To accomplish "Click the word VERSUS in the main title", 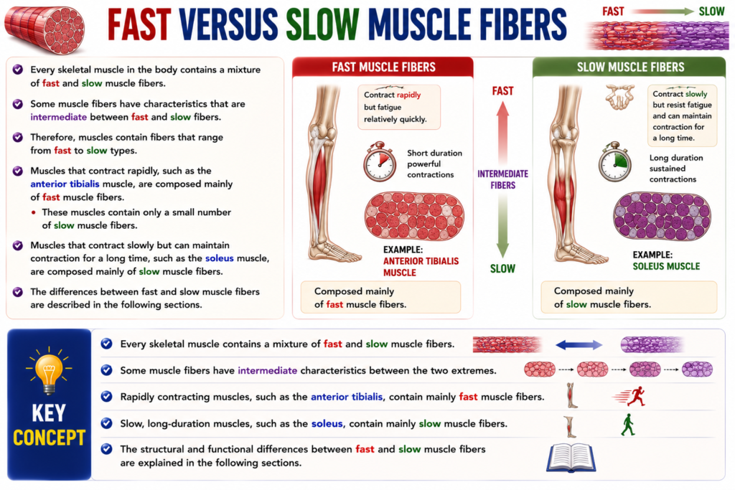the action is pyautogui.click(x=228, y=24).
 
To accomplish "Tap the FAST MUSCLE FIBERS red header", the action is pyautogui.click(x=383, y=67).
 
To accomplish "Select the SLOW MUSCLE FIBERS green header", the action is pyautogui.click(x=629, y=67).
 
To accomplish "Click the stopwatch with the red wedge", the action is pyautogui.click(x=380, y=161).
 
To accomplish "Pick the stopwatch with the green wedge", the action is pyautogui.click(x=615, y=161).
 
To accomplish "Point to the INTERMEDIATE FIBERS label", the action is pyautogui.click(x=502, y=179).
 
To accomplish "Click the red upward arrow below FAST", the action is pyautogui.click(x=502, y=132).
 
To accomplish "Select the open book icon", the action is pyautogui.click(x=571, y=458).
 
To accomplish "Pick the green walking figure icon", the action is pyautogui.click(x=627, y=425).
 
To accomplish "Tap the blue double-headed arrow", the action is pyautogui.click(x=579, y=345).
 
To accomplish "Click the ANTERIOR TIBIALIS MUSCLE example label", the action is pyautogui.click(x=421, y=267).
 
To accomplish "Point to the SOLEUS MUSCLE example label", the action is pyautogui.click(x=666, y=266).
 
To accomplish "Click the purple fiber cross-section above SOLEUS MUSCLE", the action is pyautogui.click(x=662, y=216).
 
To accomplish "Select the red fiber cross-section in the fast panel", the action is pyautogui.click(x=414, y=216).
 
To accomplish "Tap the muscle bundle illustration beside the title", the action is pyautogui.click(x=45, y=29).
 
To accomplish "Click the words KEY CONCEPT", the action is pyautogui.click(x=49, y=425).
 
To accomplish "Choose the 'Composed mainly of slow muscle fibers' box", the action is pyautogui.click(x=629, y=297).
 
